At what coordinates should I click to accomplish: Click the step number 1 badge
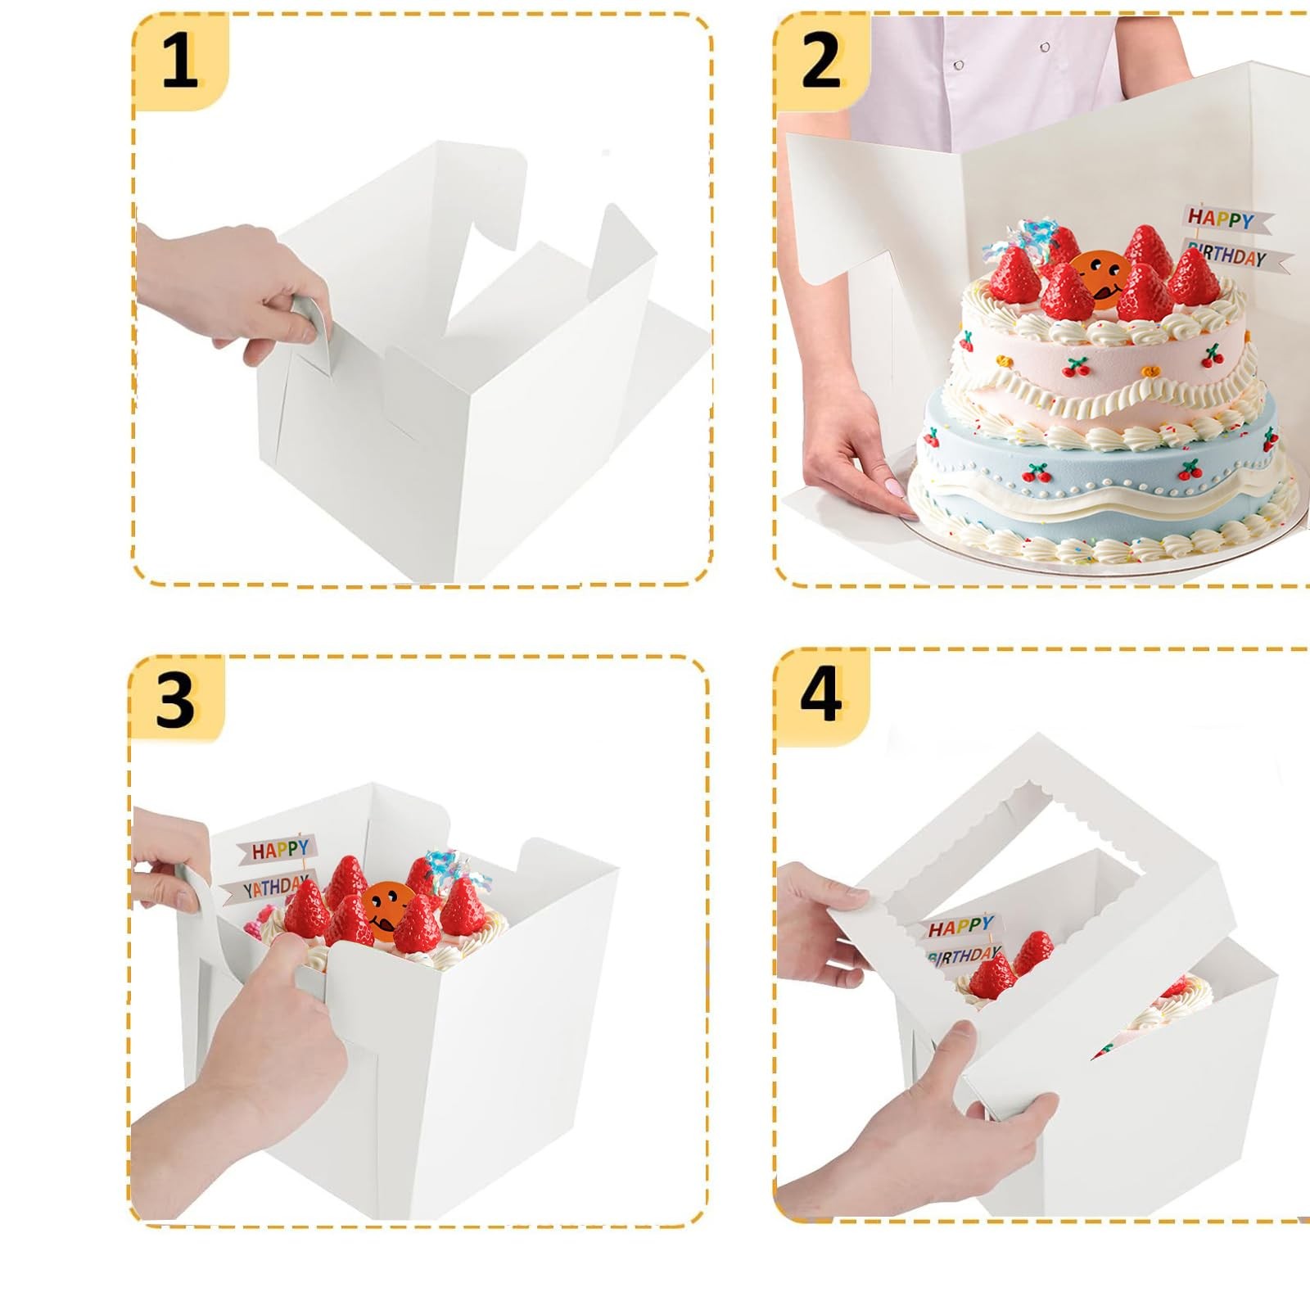click(x=180, y=61)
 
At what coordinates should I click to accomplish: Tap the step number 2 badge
click(x=821, y=61)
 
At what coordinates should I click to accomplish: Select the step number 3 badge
click(x=175, y=700)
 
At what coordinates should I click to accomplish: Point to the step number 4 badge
click(x=820, y=694)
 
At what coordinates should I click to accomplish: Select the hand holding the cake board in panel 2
click(x=851, y=467)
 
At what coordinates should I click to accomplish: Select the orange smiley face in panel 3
click(x=385, y=905)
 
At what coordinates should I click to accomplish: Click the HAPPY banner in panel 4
click(x=960, y=928)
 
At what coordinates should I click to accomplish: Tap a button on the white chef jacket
click(x=959, y=65)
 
